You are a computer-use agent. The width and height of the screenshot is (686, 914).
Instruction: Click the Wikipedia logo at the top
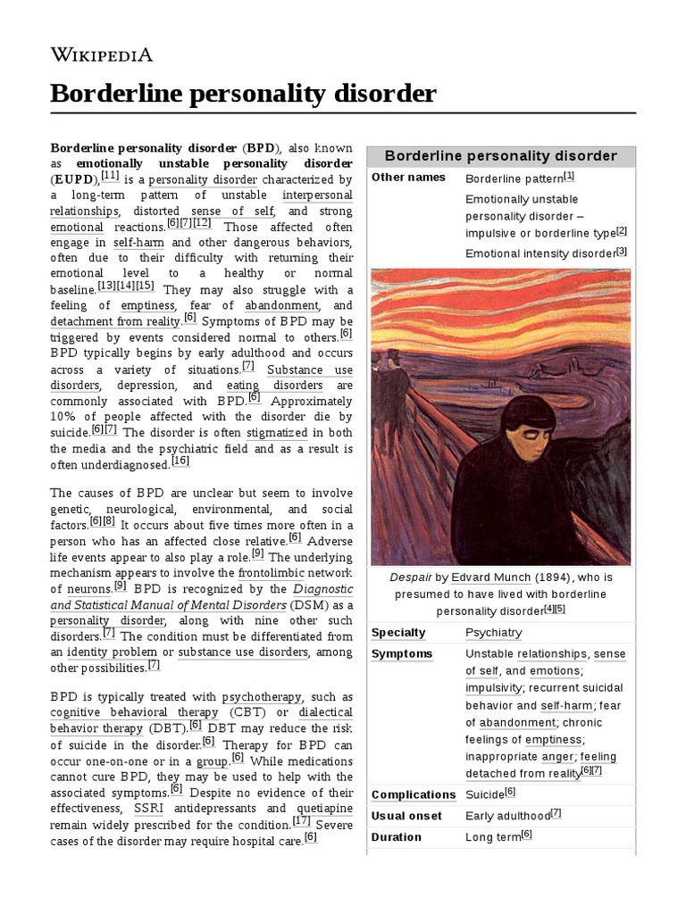click(x=101, y=55)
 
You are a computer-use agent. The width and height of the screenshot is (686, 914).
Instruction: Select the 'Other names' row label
click(x=407, y=178)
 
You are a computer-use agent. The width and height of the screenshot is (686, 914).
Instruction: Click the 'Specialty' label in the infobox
click(x=398, y=633)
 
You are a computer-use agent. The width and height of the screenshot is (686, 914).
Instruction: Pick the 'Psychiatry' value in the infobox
click(x=494, y=633)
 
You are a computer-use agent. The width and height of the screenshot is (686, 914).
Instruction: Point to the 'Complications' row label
click(x=413, y=794)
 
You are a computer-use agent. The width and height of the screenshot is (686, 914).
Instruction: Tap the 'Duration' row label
click(x=396, y=837)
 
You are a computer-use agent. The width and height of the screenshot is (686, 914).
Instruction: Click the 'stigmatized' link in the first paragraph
click(x=279, y=433)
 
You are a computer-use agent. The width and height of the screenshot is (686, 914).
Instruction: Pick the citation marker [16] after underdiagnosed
click(x=180, y=461)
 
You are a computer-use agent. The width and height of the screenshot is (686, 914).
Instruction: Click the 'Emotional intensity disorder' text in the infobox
click(x=540, y=253)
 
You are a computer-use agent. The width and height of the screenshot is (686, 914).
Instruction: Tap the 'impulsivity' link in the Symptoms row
click(x=493, y=688)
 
